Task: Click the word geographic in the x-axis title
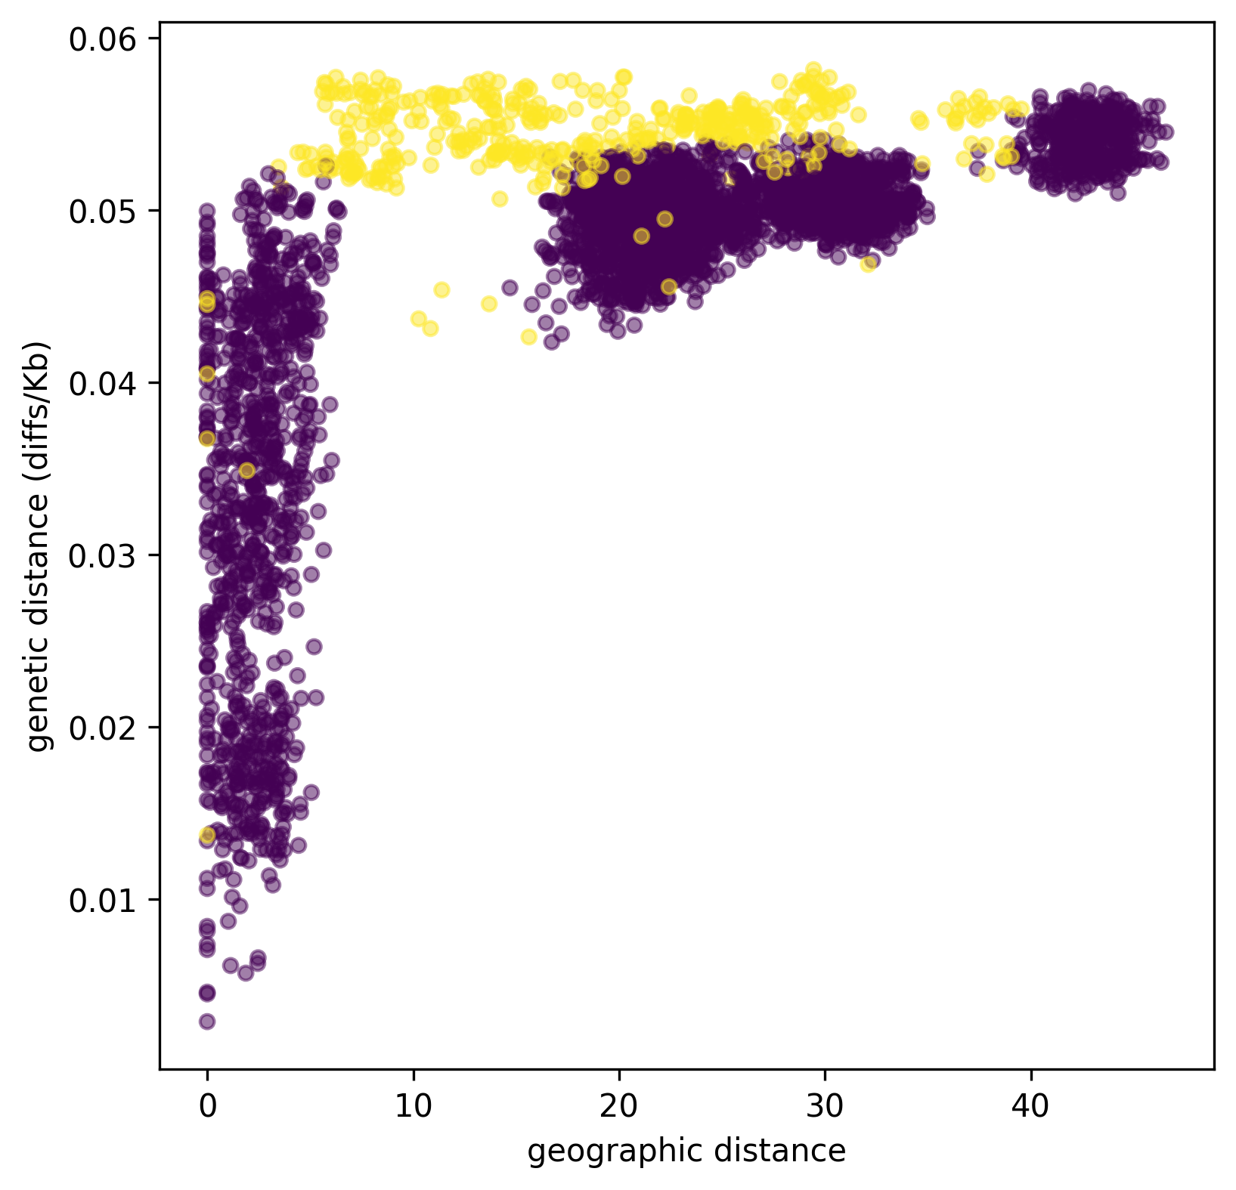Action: pos(600,1151)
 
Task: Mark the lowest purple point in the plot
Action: pos(207,1022)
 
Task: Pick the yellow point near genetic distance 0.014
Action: pos(207,835)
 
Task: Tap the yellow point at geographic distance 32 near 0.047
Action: pos(868,262)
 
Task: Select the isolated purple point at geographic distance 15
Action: pos(510,287)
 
